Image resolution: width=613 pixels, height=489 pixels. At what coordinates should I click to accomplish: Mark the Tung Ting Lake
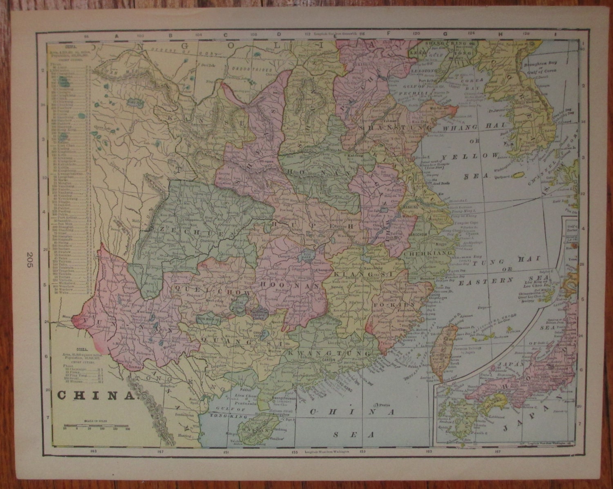pos(306,256)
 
